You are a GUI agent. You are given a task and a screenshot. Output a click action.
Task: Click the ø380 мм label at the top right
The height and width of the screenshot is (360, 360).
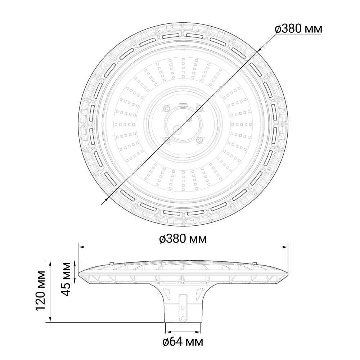[298, 29]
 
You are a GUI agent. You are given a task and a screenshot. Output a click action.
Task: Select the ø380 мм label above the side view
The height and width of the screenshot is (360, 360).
[183, 239]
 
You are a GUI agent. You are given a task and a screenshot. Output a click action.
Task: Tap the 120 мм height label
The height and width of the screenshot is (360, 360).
[41, 291]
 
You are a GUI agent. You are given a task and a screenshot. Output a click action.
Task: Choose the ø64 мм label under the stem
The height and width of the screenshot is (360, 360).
[183, 342]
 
